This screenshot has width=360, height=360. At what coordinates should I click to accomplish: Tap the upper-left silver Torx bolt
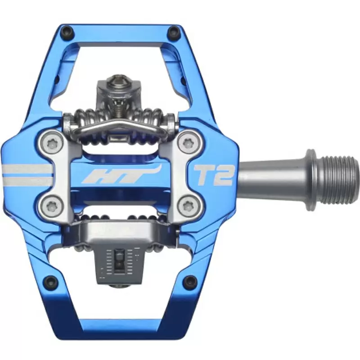(x=52, y=144)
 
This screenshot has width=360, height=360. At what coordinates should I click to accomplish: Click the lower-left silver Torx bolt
(x=52, y=204)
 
